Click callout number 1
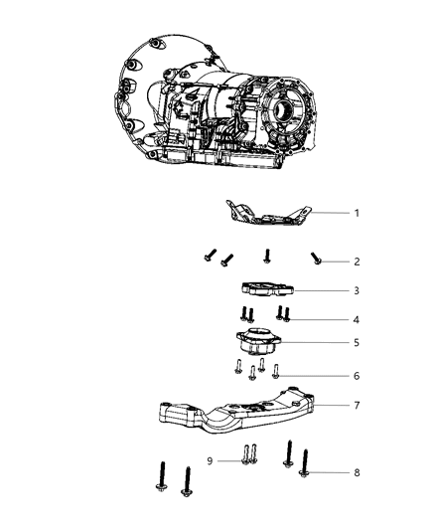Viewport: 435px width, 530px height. click(357, 213)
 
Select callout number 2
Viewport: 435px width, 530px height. click(357, 262)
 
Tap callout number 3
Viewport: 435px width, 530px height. click(357, 291)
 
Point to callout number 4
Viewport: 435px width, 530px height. click(357, 319)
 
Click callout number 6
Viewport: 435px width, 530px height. click(357, 377)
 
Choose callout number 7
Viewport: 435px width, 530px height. click(357, 407)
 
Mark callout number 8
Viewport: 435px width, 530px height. click(357, 473)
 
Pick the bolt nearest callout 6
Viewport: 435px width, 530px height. click(276, 373)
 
